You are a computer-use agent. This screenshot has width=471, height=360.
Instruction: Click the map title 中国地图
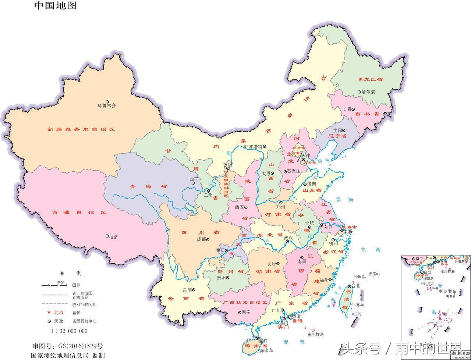click(x=56, y=6)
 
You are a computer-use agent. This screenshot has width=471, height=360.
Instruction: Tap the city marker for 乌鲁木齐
click(x=107, y=101)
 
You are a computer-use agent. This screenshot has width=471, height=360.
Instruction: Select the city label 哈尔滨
click(x=368, y=92)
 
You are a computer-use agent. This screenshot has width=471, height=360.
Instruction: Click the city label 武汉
click(x=288, y=238)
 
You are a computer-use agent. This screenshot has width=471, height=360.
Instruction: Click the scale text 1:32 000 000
click(x=70, y=331)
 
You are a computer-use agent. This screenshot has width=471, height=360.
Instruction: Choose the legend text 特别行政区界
click(x=84, y=304)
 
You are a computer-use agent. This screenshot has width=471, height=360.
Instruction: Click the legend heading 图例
click(x=71, y=273)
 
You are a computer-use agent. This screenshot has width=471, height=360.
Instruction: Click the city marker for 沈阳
click(x=344, y=130)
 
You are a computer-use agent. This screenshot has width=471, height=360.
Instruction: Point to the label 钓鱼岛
click(x=359, y=277)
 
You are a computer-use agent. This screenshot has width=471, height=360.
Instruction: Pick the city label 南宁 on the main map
click(x=246, y=312)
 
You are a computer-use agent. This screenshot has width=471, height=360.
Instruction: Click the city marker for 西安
click(x=246, y=207)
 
